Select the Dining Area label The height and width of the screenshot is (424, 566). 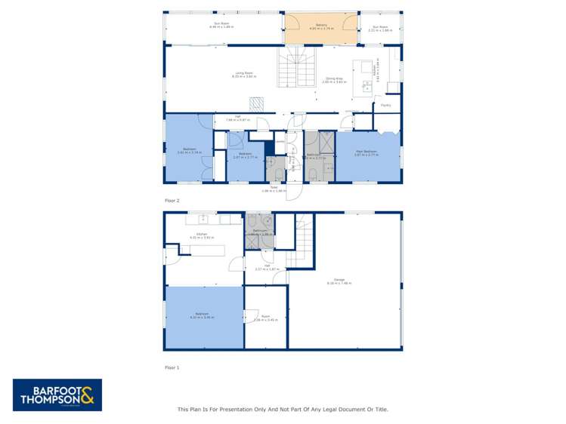click(335, 78)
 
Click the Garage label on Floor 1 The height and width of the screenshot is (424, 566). click(340, 282)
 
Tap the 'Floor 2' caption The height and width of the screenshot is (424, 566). click(172, 201)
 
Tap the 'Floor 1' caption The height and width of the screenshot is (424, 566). click(172, 367)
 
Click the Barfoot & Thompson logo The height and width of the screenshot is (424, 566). click(57, 395)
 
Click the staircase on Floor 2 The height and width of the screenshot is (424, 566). click(296, 73)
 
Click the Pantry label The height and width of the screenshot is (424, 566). click(385, 106)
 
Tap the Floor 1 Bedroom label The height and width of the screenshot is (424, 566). click(202, 315)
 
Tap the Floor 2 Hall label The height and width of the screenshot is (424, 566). click(237, 117)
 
